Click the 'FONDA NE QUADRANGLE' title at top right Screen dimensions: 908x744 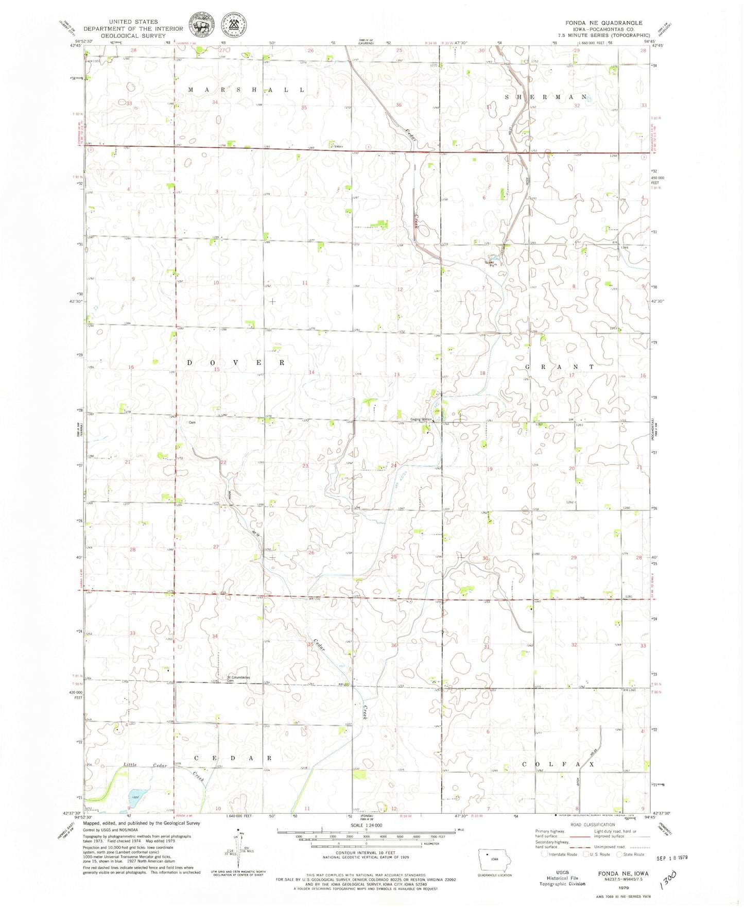pyautogui.click(x=603, y=23)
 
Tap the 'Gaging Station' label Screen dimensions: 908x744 pyautogui.click(x=421, y=419)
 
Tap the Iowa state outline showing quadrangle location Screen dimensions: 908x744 pyautogui.click(x=493, y=859)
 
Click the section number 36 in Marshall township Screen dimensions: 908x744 pyautogui.click(x=398, y=105)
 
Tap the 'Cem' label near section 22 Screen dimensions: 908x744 pyautogui.click(x=192, y=422)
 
